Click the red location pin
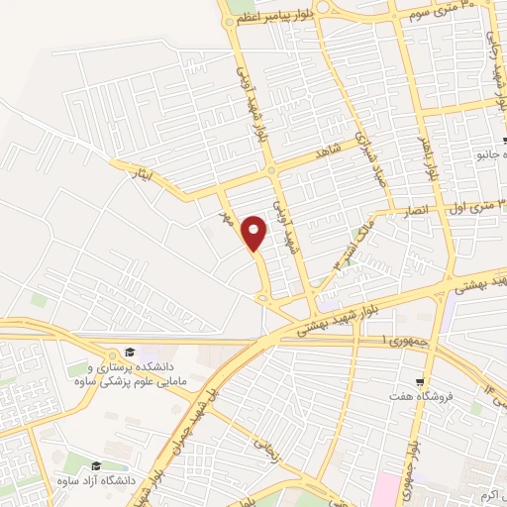pyautogui.click(x=256, y=233)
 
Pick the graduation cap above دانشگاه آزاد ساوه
pyautogui.click(x=96, y=465)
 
